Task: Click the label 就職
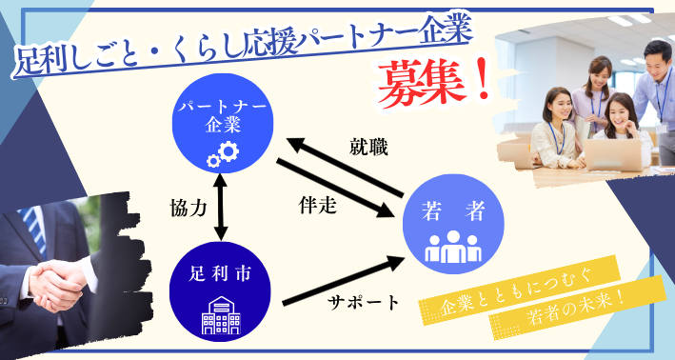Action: point(367,147)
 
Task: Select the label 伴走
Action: point(317,204)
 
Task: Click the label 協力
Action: point(188,208)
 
